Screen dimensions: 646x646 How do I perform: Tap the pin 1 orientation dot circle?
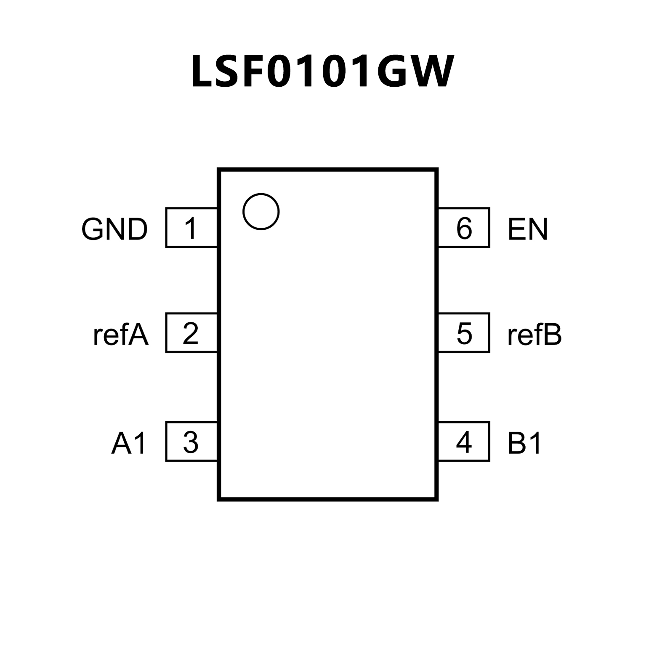(261, 211)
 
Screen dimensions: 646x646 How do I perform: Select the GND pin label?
(114, 229)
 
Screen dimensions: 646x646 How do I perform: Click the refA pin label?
(121, 335)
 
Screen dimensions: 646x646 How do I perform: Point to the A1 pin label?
(129, 444)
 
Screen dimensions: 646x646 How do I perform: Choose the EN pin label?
(528, 229)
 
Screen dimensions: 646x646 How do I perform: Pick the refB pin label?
(534, 335)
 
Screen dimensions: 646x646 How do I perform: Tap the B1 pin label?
(524, 444)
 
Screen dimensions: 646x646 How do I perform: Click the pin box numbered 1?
(191, 227)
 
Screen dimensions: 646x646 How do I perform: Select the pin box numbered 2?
(191, 333)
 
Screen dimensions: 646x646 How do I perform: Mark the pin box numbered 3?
(191, 441)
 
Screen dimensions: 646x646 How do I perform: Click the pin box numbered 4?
(464, 441)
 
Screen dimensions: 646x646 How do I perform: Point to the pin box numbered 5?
(464, 333)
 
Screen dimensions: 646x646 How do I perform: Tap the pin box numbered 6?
(464, 227)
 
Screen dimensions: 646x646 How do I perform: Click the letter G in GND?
(93, 229)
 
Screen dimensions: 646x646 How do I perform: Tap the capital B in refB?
(552, 335)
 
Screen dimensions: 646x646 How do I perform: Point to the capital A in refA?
(138, 335)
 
